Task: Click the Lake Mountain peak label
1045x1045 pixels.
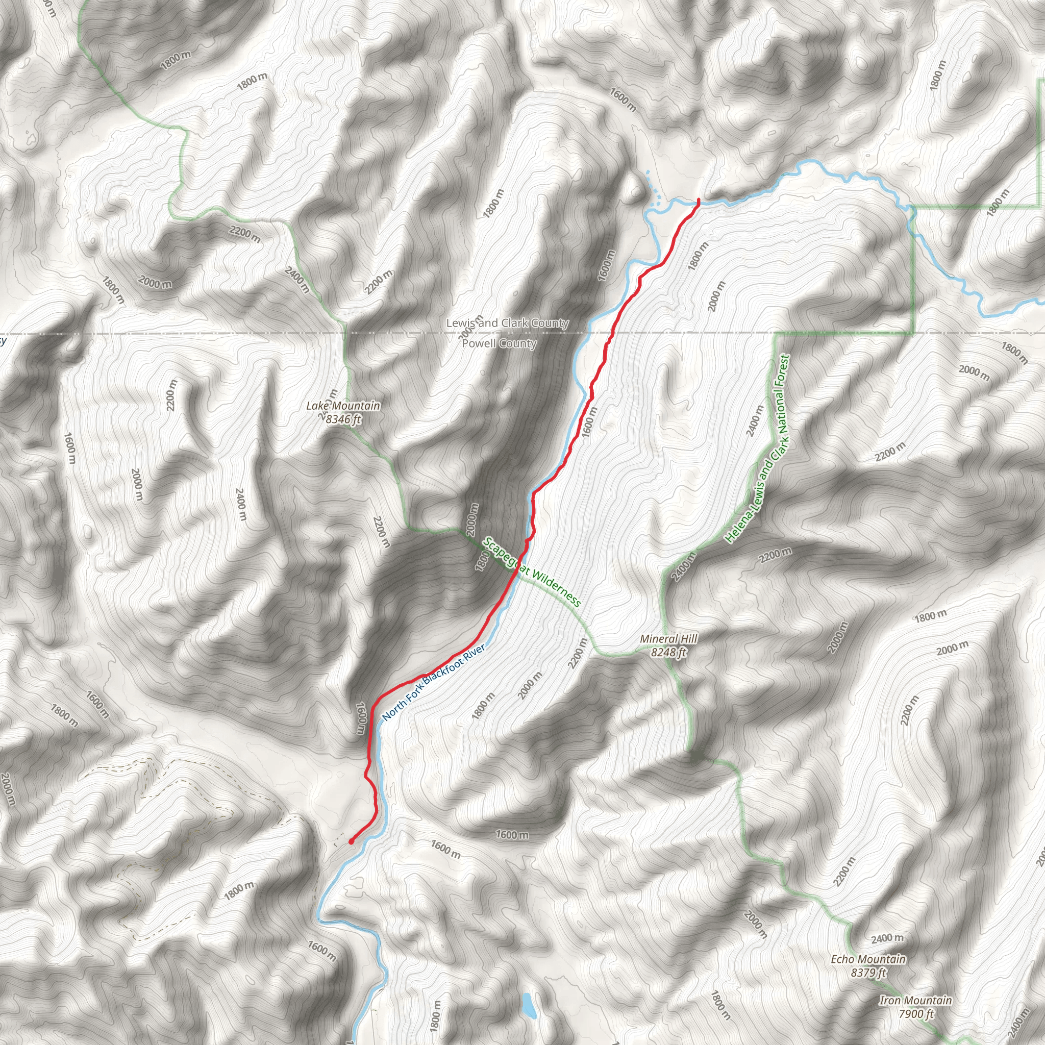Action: pyautogui.click(x=343, y=406)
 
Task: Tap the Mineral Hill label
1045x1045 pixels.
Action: pyautogui.click(x=668, y=639)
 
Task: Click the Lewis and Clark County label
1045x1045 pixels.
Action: pyautogui.click(x=507, y=323)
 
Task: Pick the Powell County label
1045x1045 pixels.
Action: pyautogui.click(x=499, y=343)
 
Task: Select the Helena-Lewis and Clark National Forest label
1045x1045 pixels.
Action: pyautogui.click(x=758, y=449)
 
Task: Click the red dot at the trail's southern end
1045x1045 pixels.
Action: pyautogui.click(x=351, y=841)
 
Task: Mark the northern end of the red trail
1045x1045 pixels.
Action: pyautogui.click(x=699, y=200)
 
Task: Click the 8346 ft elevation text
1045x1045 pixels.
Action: pyautogui.click(x=343, y=419)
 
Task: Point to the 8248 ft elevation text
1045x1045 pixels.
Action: pyautogui.click(x=668, y=652)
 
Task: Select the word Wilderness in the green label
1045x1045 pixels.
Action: pyautogui.click(x=556, y=587)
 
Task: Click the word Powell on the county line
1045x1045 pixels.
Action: pyautogui.click(x=479, y=343)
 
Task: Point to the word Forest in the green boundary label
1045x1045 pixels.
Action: pyautogui.click(x=783, y=375)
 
